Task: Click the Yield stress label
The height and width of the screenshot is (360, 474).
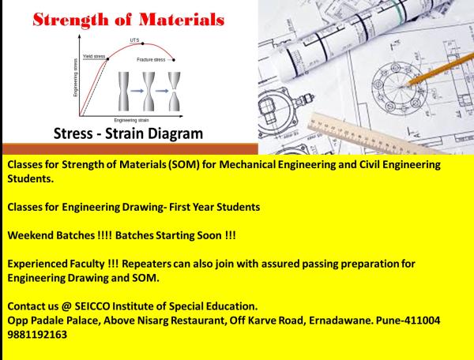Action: coord(94,57)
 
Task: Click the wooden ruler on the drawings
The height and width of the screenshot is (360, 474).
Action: coord(371,126)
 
